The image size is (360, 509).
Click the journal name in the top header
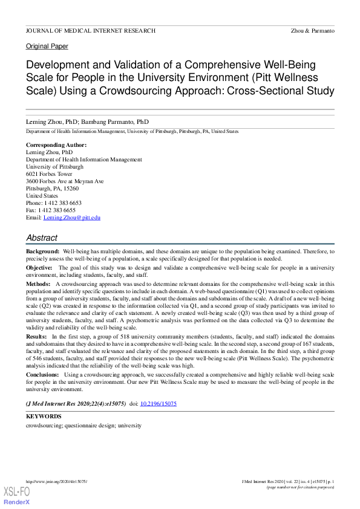point(90,31)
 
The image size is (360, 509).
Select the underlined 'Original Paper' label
point(47,47)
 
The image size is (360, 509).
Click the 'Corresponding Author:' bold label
point(56,145)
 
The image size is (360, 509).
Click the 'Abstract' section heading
point(42,238)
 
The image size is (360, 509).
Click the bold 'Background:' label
point(42,251)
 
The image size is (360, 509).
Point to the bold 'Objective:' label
point(40,267)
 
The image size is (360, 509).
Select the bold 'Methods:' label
point(39,284)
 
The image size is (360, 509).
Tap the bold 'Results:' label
point(38,336)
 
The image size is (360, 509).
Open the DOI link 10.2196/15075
point(158,403)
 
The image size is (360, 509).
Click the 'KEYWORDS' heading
point(44,417)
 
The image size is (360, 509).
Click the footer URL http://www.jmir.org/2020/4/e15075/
point(56,481)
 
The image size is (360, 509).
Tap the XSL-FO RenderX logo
point(17,496)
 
